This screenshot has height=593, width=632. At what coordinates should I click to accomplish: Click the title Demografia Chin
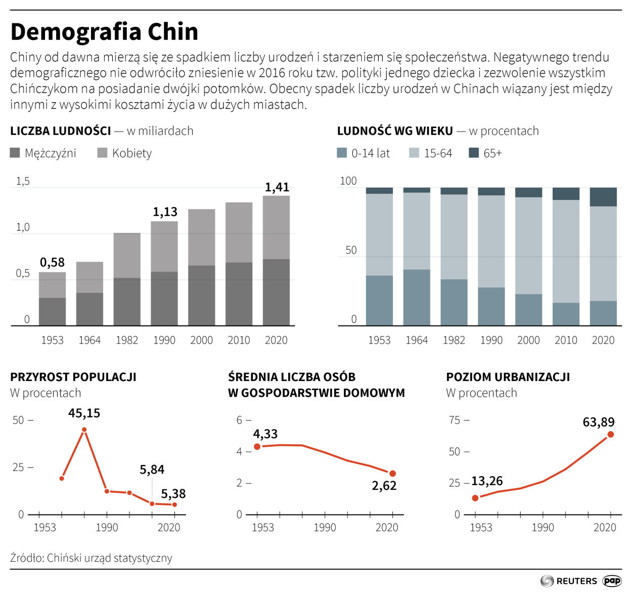pos(104,32)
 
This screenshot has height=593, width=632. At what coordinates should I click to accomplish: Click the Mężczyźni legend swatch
pos(15,153)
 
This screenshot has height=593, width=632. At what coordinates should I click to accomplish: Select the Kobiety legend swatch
pos(102,153)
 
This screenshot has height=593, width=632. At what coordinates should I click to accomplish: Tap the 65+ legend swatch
pos(474,153)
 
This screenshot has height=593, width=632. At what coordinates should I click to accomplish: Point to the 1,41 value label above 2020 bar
pos(277,187)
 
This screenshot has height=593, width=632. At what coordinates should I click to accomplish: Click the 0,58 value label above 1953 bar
pos(52,262)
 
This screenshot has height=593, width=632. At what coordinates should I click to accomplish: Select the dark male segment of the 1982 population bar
pos(127,302)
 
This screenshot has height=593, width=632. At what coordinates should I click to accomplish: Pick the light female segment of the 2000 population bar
pos(201,237)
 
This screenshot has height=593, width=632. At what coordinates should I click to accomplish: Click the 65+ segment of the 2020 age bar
pos(603,197)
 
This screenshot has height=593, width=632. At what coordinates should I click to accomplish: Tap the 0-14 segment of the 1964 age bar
pos(417,298)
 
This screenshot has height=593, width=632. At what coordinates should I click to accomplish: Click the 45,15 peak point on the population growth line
pos(84,430)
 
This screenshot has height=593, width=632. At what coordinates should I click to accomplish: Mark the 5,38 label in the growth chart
pos(173,493)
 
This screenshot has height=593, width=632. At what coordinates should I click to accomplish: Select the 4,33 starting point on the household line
pos(257,446)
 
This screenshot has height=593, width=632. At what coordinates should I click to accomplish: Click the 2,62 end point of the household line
pos(393,474)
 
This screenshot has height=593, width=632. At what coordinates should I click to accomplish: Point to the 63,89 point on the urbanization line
pos(611,435)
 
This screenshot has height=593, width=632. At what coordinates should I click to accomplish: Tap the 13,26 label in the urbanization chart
pos(487,481)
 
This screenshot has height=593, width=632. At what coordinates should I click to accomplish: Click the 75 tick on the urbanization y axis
pos(455,420)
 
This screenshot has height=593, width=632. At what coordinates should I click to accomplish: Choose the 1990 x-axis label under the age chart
pos(491,340)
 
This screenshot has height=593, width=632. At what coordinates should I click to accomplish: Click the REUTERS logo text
pos(576,581)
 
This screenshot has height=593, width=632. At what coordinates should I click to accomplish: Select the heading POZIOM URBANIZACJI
pos(508,377)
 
